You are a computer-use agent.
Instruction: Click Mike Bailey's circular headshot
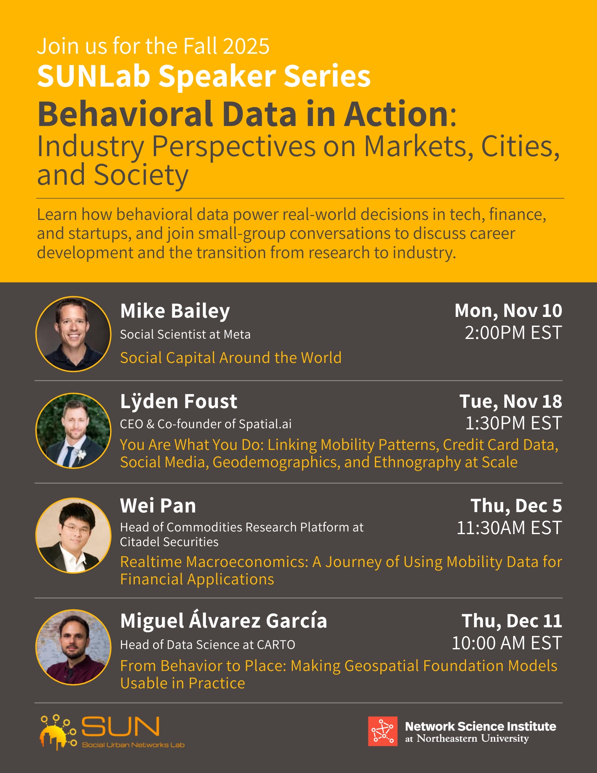pyautogui.click(x=73, y=334)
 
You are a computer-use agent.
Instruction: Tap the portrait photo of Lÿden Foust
pyautogui.click(x=73, y=431)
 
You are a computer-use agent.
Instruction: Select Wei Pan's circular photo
pyautogui.click(x=73, y=535)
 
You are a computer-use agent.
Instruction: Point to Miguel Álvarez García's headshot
pyautogui.click(x=73, y=647)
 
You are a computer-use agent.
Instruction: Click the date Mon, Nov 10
pyautogui.click(x=508, y=311)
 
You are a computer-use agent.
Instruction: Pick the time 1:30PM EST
pyautogui.click(x=514, y=423)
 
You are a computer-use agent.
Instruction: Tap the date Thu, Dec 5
pyautogui.click(x=516, y=506)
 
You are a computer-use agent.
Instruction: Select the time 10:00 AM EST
pyautogui.click(x=507, y=643)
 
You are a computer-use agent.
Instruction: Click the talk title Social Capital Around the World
pyautogui.click(x=231, y=358)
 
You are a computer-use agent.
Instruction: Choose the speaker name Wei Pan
pyautogui.click(x=158, y=506)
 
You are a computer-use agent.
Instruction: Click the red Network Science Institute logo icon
pyautogui.click(x=383, y=731)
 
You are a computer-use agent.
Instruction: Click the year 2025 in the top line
pyautogui.click(x=246, y=46)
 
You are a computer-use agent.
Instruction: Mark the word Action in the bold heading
pyautogui.click(x=396, y=114)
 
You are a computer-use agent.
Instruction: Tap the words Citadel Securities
pyautogui.click(x=169, y=542)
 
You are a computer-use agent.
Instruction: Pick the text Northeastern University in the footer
pyautogui.click(x=473, y=739)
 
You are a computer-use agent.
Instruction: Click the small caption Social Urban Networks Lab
pyautogui.click(x=133, y=745)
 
